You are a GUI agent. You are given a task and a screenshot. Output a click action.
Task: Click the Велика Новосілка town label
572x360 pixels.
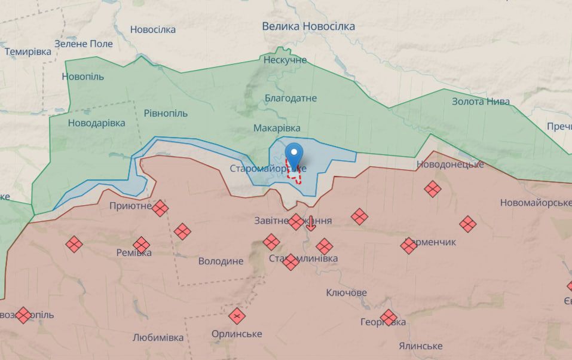coord(308,26)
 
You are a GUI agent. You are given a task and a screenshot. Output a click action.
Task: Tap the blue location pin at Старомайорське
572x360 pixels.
coord(293,154)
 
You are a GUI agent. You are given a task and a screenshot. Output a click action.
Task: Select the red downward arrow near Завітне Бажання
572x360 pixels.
coord(311,223)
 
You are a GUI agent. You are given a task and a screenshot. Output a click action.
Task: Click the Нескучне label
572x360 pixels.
coord(285,60)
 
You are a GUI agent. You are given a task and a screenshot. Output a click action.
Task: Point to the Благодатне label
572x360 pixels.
coord(291,98)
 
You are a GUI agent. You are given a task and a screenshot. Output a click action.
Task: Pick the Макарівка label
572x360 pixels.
coord(277,129)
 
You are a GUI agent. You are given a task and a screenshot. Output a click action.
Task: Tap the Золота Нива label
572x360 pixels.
coord(481,101)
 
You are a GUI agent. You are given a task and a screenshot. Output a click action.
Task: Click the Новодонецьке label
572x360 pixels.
coord(449,164)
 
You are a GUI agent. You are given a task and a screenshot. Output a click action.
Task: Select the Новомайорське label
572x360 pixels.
coord(536,203)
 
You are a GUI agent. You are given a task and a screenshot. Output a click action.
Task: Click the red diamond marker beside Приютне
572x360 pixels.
coord(160,208)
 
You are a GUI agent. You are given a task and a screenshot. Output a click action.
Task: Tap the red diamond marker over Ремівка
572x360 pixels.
coord(141,245)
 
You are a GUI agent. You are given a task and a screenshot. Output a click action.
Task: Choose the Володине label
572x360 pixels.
coord(221,261)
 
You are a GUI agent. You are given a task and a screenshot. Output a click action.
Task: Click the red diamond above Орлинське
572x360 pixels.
coord(237,315)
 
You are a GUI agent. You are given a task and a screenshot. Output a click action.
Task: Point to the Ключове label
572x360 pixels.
coord(347,292)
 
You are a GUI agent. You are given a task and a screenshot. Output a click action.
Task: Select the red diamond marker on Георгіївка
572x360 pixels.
coord(389,318)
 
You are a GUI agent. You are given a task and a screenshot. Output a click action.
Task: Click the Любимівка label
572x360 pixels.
coord(158,337)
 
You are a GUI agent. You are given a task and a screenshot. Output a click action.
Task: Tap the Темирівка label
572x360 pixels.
coord(28,51)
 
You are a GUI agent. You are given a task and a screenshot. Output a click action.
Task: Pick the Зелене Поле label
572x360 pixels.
coord(83,44)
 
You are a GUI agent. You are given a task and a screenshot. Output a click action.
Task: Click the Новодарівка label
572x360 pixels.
coord(96,123)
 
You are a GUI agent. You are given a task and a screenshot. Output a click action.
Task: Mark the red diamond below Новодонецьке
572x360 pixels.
coord(433,190)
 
